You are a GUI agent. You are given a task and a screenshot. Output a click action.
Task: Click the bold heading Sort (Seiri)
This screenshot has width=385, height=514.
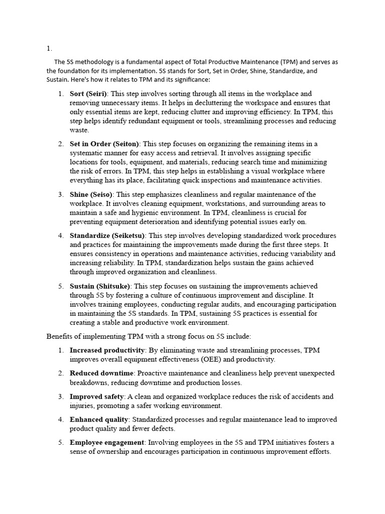coord(88,94)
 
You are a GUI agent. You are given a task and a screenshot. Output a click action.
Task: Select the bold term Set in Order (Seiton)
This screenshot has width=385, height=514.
coord(103,144)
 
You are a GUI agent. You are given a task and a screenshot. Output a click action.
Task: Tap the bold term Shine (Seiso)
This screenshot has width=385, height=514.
coord(91,194)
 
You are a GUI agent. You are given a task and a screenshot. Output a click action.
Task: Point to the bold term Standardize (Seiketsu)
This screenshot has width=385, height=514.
coord(107,235)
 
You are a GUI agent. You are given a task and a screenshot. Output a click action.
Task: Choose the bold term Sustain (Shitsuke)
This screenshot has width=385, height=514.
coord(99,286)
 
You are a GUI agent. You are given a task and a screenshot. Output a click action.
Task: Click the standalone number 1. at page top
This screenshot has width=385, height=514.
coord(49,49)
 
